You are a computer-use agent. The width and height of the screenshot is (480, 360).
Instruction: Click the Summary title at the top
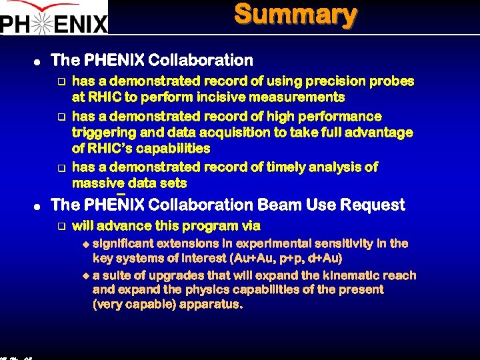coord(295,15)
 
